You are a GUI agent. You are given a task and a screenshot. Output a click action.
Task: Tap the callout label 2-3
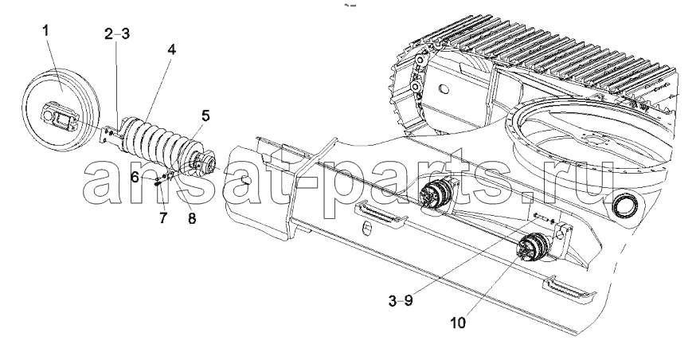coord(117,34)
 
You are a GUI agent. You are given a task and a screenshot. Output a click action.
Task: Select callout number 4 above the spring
coord(171,49)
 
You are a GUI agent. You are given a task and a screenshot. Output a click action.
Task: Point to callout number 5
coord(205,115)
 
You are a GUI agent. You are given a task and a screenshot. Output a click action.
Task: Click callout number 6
coord(135,177)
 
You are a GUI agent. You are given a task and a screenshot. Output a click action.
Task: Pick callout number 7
coord(162,218)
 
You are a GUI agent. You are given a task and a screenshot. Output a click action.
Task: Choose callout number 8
coord(191,218)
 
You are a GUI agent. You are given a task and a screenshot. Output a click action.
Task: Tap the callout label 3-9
coord(401,301)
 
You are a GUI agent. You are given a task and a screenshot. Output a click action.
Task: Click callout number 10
coord(458,322)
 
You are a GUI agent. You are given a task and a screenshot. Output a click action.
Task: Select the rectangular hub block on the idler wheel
coord(58,118)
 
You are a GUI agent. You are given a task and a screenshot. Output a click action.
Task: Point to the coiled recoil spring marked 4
coord(157,142)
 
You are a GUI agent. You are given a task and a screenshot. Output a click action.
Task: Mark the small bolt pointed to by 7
coord(158,182)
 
